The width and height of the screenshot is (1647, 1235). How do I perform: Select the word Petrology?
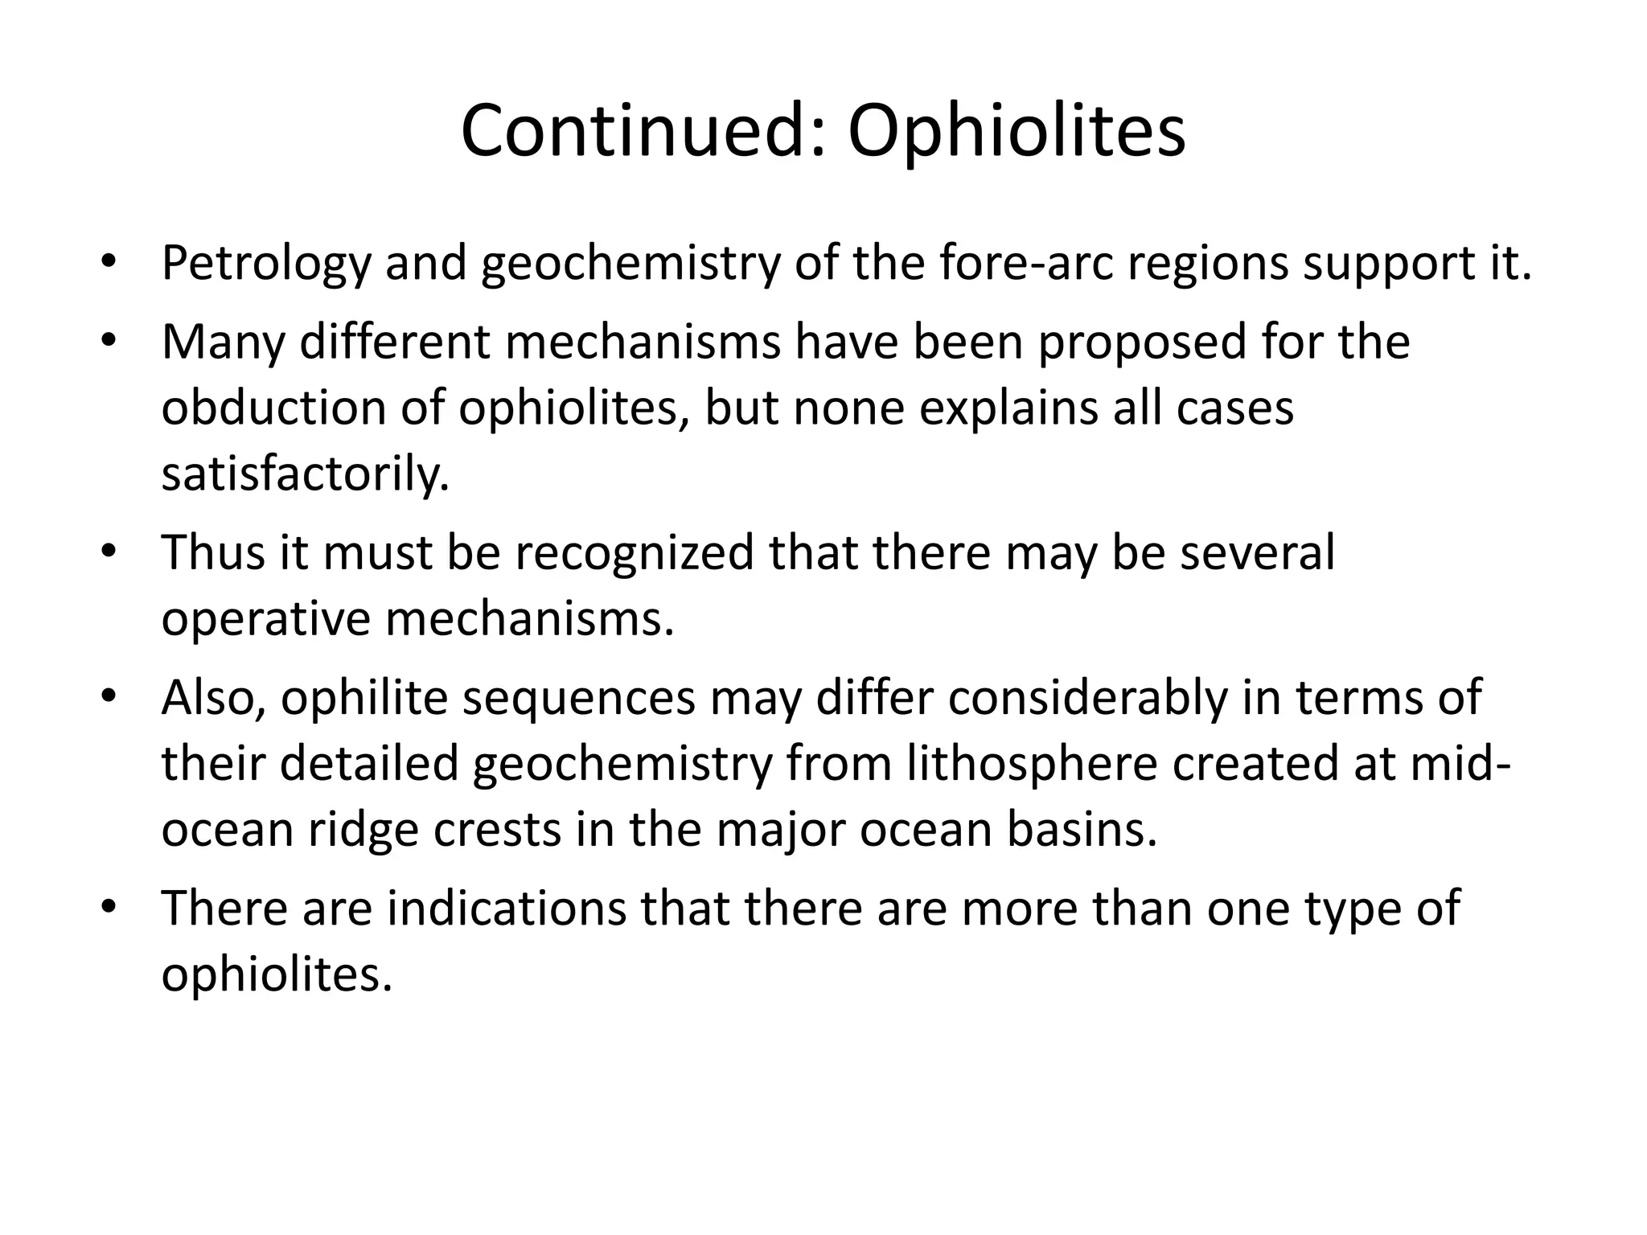click(x=265, y=264)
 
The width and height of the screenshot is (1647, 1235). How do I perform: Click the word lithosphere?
click(x=1032, y=763)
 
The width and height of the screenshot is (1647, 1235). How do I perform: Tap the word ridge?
click(x=363, y=831)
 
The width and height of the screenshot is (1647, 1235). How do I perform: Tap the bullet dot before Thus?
click(x=109, y=552)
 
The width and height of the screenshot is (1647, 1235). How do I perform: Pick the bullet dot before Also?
click(x=109, y=696)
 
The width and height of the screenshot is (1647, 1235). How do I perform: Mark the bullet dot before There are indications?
click(x=109, y=908)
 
